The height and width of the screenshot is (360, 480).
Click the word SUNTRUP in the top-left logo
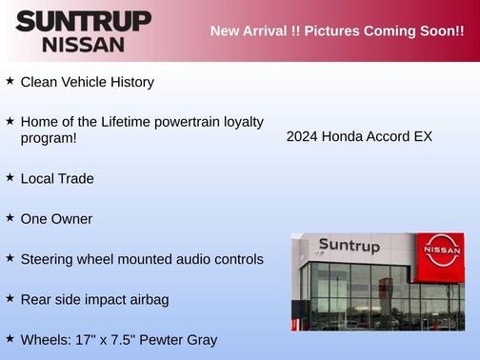point(83,21)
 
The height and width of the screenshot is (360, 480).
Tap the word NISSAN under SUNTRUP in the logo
point(83,44)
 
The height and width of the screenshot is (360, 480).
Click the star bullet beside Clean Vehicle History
point(10,81)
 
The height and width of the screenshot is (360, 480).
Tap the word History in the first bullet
point(130,83)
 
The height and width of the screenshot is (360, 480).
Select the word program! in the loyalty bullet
point(48,139)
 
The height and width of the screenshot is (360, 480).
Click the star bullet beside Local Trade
point(10,177)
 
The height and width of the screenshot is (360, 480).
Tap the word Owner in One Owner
point(72,219)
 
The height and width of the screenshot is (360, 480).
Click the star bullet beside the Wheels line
point(10,338)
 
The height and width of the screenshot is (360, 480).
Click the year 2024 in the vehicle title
point(301,136)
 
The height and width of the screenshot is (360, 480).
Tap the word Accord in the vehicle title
point(387,136)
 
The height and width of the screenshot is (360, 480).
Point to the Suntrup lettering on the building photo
point(349,246)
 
